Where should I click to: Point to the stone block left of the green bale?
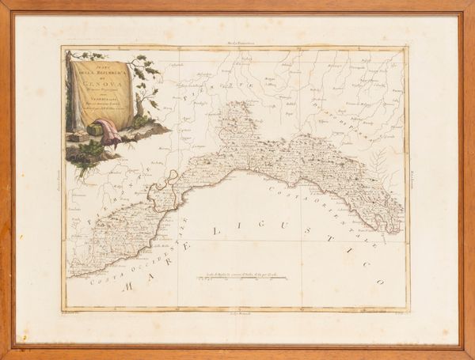(x=78, y=136)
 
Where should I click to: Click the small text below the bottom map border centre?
(x=237, y=315)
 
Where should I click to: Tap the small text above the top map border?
(x=237, y=40)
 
